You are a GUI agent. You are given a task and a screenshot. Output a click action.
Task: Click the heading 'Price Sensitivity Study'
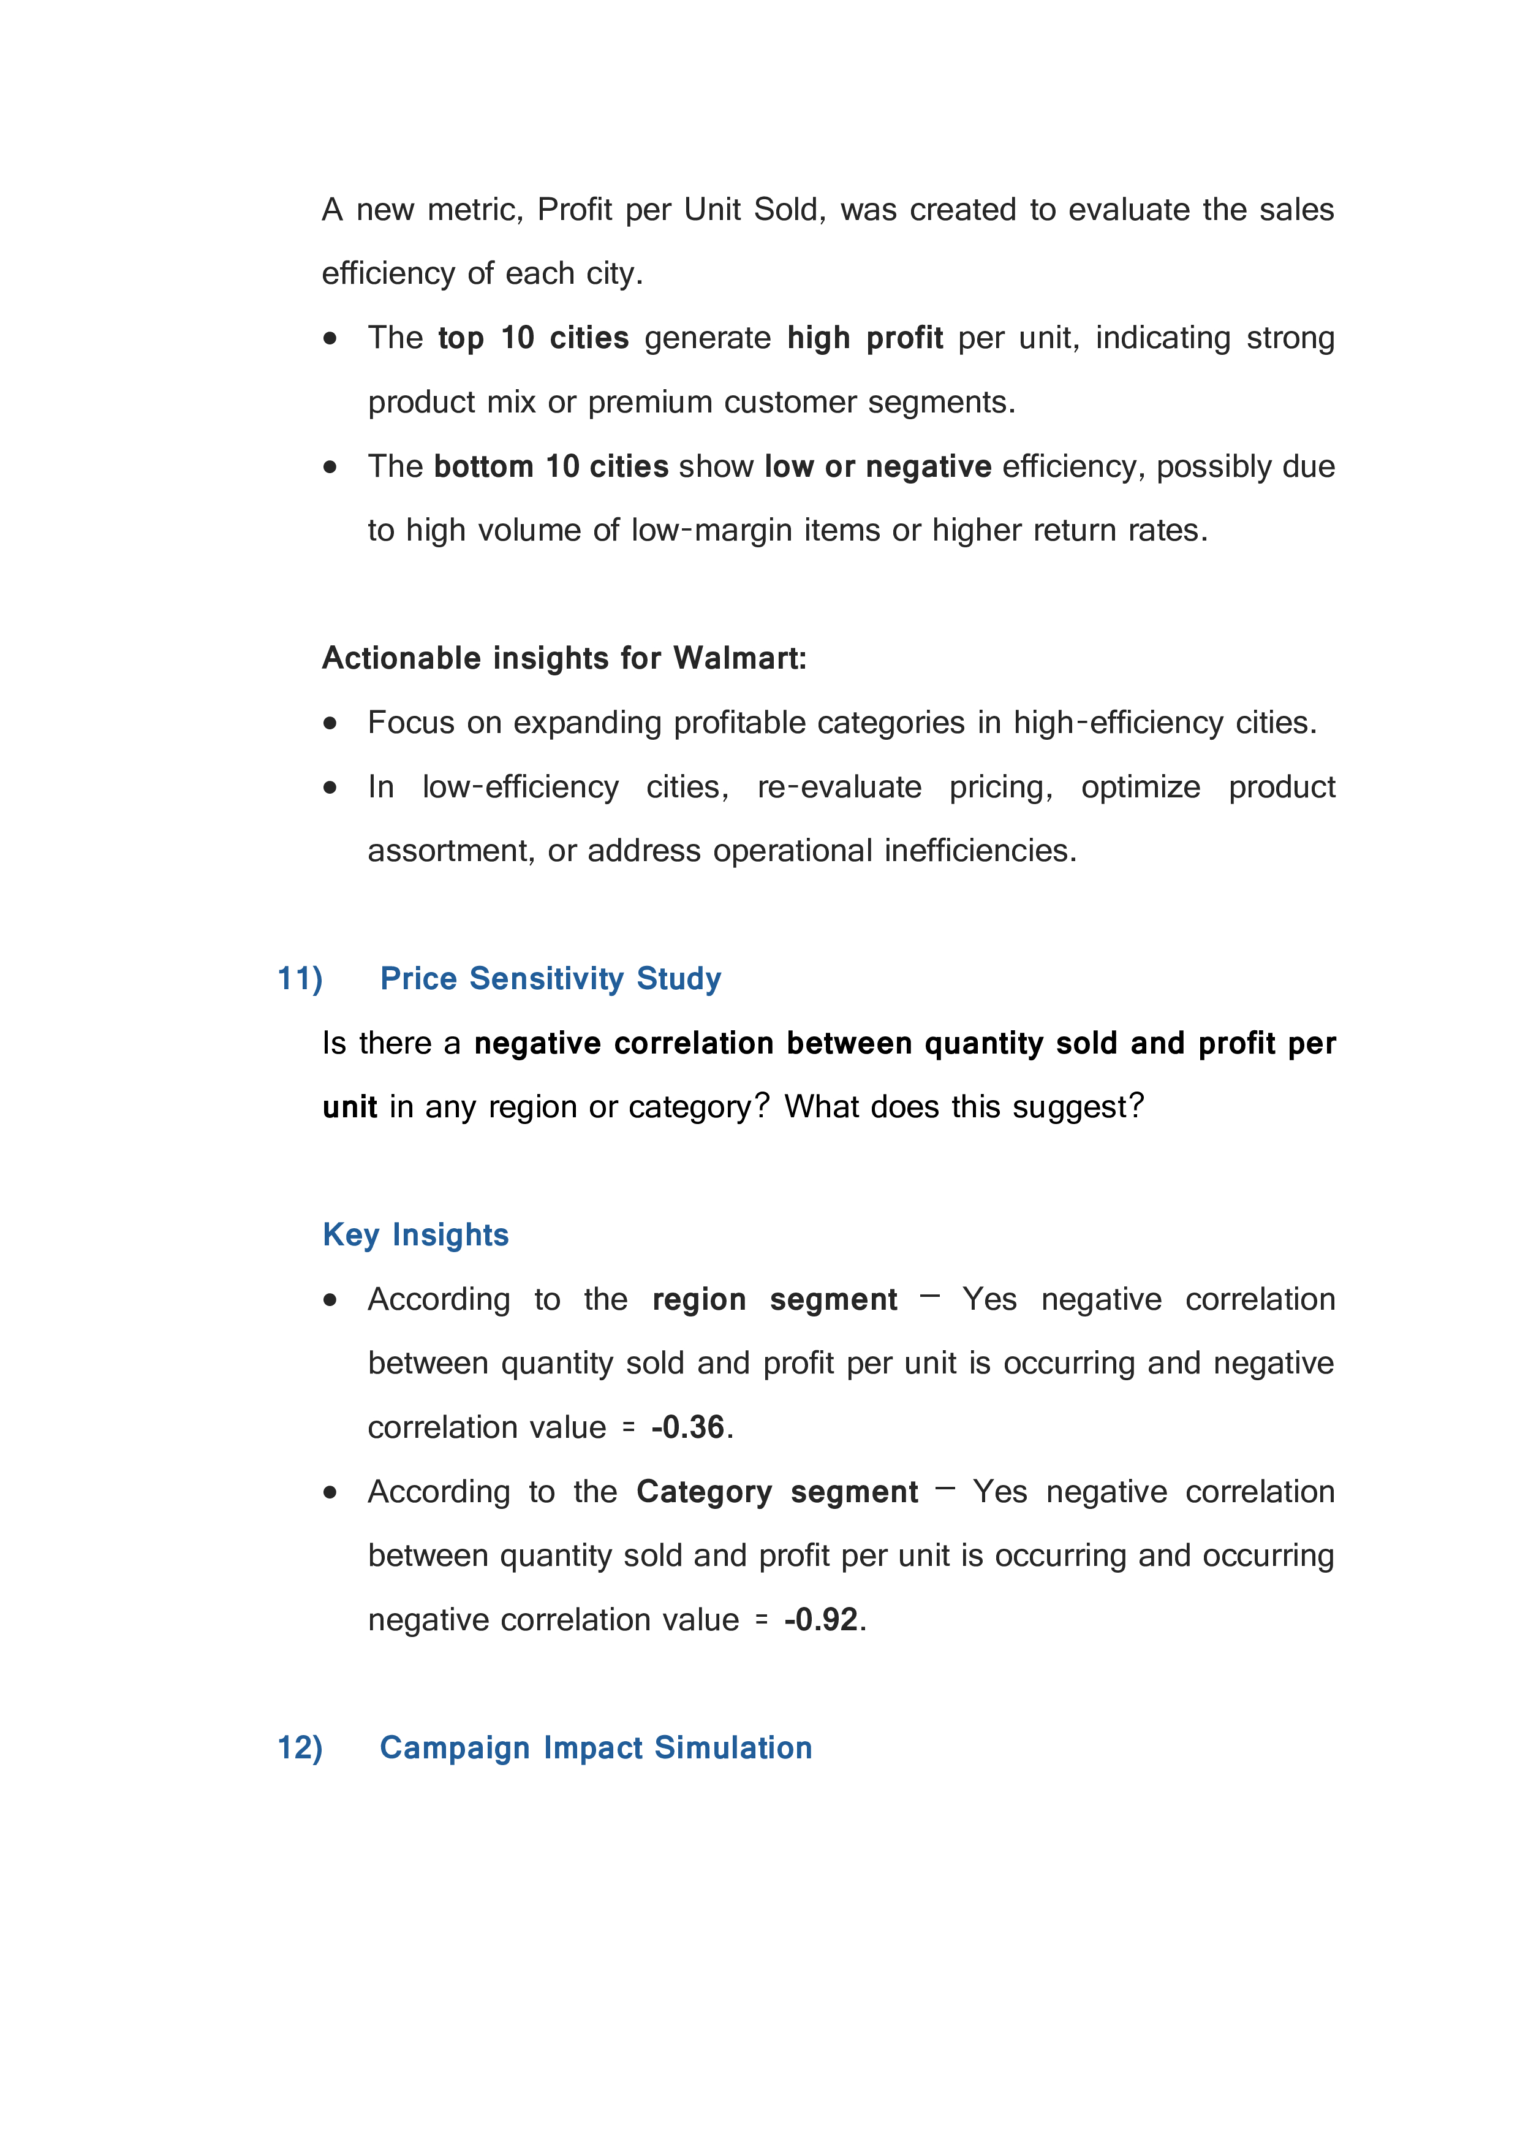point(550,979)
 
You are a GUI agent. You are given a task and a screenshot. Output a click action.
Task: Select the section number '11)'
point(300,979)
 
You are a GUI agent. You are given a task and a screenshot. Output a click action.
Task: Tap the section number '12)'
point(300,1747)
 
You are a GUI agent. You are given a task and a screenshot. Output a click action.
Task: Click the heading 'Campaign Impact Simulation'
point(596,1747)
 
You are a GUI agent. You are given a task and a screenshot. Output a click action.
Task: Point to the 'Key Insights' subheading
point(415,1235)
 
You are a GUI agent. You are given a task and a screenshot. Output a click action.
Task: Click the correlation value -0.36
point(688,1427)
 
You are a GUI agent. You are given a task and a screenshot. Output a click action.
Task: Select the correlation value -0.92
point(821,1620)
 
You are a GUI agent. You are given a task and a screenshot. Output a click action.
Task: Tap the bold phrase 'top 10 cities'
point(534,338)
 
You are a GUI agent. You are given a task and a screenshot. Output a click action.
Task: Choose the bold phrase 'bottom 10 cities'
point(551,466)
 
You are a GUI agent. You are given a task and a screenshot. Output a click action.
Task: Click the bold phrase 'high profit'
point(865,338)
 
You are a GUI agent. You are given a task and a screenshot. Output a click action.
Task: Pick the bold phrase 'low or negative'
point(878,466)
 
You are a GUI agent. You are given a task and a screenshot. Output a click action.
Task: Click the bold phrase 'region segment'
point(774,1300)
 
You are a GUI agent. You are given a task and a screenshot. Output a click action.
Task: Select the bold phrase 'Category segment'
point(777,1492)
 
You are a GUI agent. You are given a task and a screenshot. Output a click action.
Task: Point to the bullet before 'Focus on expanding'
point(330,723)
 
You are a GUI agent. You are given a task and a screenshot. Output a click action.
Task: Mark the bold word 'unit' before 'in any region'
point(350,1107)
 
